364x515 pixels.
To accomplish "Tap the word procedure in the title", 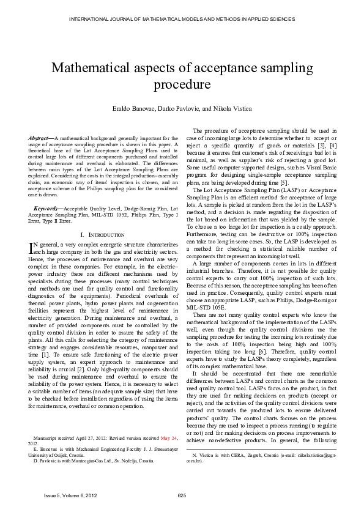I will pos(182,84).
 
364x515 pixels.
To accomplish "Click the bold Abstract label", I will pos(41,138).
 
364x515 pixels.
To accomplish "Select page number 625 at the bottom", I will pos(182,495).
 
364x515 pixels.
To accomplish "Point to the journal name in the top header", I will pos(182,19).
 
